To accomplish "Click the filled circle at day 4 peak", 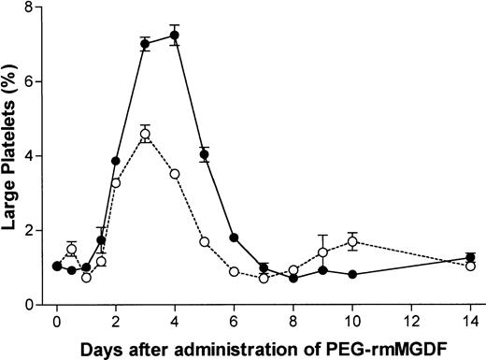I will click(x=175, y=35).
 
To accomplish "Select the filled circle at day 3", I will click(x=145, y=44).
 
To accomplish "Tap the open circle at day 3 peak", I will click(x=145, y=134).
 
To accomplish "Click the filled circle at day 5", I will click(x=204, y=154).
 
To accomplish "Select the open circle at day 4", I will click(x=175, y=173).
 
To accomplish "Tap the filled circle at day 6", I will click(x=234, y=238).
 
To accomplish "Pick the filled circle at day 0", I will click(x=57, y=266).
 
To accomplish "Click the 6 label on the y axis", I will click(x=32, y=81).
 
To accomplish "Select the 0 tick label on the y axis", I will click(x=32, y=305).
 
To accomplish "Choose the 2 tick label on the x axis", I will click(x=116, y=322).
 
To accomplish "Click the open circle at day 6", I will click(x=234, y=272).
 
